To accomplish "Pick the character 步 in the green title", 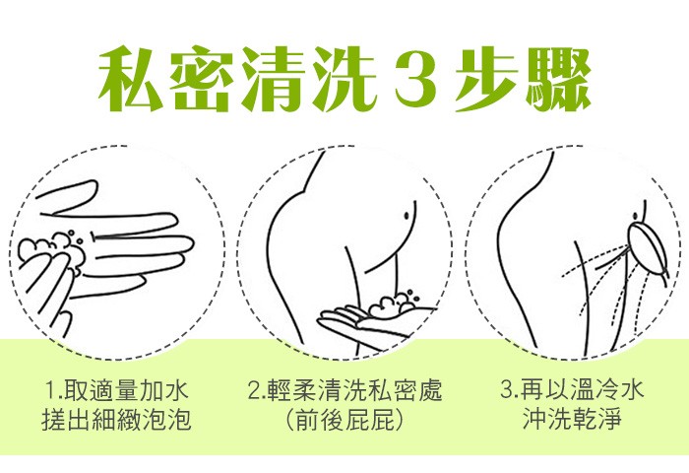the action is pos(485,78).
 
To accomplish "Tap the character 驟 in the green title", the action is pos(558,78).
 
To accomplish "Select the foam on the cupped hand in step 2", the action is pos(392,303).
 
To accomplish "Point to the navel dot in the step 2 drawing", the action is pos(407,215).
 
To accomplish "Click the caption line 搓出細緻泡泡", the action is pos(117,418).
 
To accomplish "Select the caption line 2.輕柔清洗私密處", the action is pos(344,391).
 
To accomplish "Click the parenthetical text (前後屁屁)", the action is pos(344,419).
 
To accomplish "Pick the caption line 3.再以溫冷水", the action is pos(572,390).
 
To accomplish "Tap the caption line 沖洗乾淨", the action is pos(572,418).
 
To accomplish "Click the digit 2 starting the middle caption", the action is pos(254,391).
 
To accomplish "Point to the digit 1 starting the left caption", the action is pos(52,391).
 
